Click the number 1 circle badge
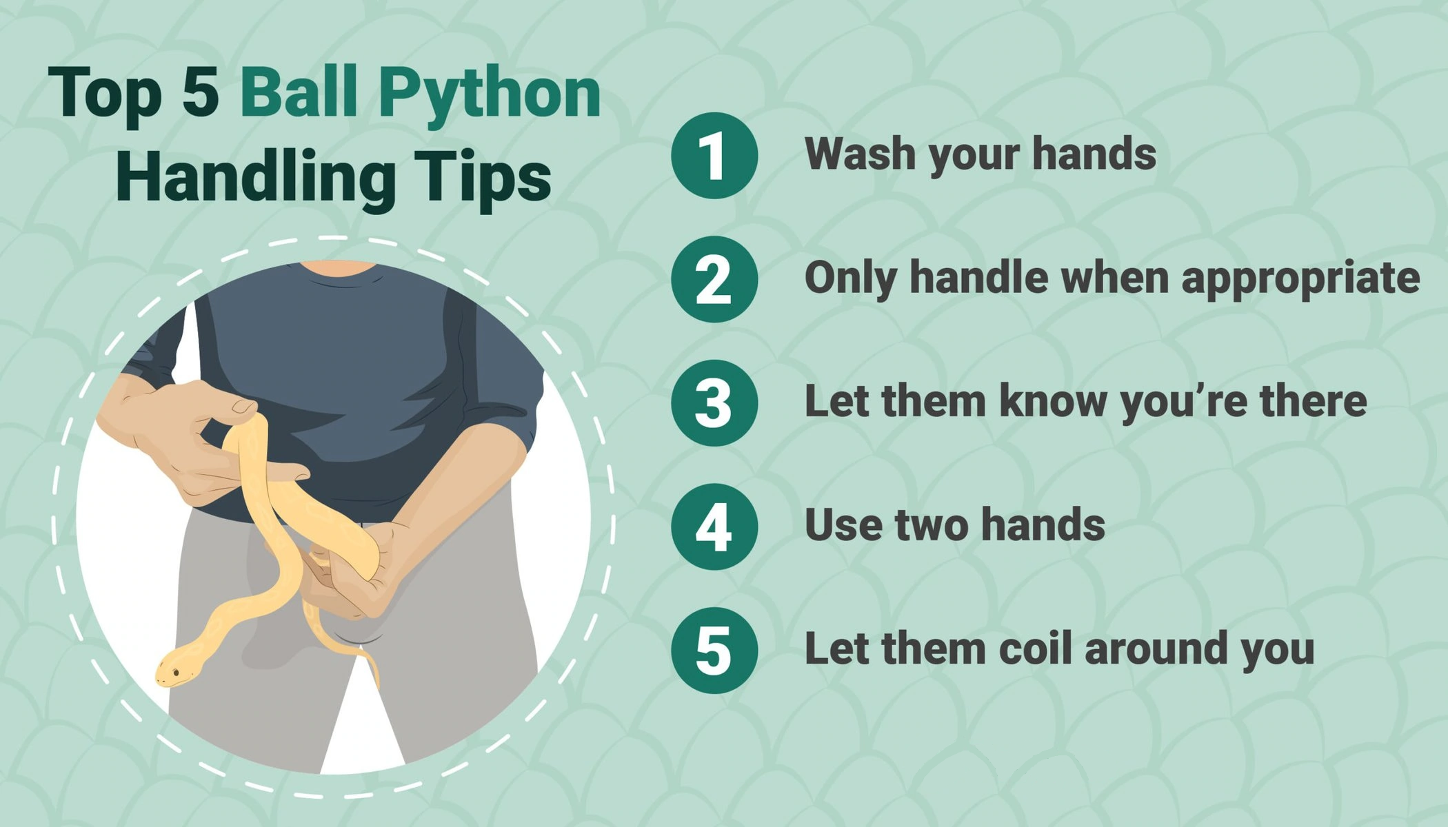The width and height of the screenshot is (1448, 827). tap(714, 156)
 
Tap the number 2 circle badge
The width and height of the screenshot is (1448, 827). tap(714, 279)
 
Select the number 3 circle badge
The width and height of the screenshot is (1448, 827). tap(714, 403)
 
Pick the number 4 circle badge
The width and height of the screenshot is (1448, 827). tap(714, 527)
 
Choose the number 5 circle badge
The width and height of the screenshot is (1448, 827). tap(714, 651)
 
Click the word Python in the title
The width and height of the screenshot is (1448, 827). tap(490, 95)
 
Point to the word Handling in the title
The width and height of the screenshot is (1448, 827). tap(255, 178)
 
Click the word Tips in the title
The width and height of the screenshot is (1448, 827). tap(483, 178)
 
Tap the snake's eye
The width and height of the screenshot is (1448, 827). tap(177, 672)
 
